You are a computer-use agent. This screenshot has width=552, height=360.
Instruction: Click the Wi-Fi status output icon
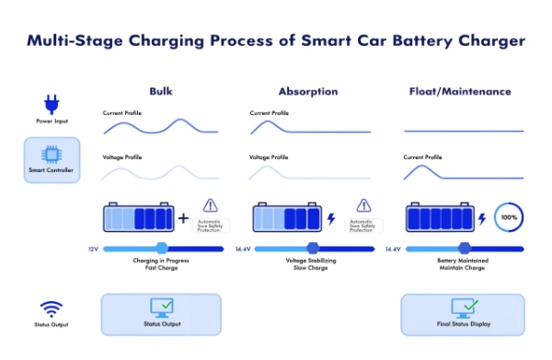point(51,308)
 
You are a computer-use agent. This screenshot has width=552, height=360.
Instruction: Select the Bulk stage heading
point(161,91)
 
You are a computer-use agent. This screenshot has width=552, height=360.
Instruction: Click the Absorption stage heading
point(307,91)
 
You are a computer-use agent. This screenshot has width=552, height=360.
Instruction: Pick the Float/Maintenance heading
point(459,91)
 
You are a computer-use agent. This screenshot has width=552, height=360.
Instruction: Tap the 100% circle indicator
point(509,219)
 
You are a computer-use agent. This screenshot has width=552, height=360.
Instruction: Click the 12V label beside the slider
point(92,249)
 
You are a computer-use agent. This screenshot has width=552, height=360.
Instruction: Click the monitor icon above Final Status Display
point(463,308)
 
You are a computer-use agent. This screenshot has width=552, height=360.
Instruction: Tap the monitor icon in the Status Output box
point(161,308)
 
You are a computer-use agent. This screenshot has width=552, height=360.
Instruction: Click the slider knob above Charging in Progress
point(162,249)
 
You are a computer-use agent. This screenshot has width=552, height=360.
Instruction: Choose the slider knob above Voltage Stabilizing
point(313,249)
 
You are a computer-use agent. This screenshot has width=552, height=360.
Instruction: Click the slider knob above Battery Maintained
point(464,249)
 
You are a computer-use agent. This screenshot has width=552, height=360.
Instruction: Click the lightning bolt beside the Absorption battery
point(331,219)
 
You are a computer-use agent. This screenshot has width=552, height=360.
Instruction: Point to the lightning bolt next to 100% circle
point(482,219)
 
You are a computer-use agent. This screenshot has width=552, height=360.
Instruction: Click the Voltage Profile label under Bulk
point(121,157)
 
